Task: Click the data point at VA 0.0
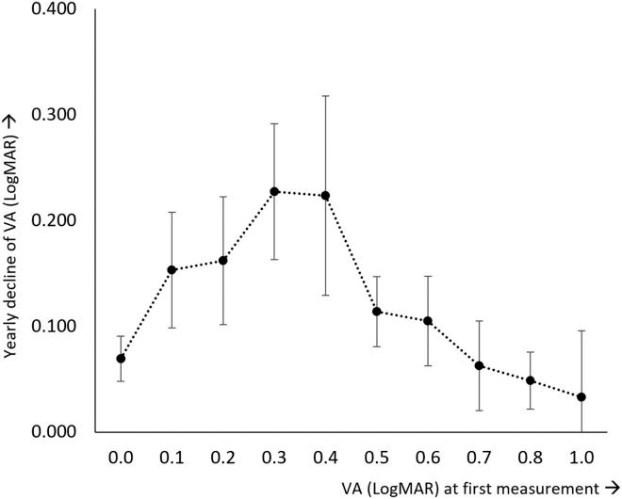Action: (x=121, y=359)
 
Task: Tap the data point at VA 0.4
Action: (x=325, y=196)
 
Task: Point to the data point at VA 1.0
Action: (x=581, y=397)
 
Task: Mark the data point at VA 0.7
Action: (x=479, y=365)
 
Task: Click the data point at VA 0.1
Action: (x=172, y=270)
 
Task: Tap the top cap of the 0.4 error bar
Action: (x=325, y=95)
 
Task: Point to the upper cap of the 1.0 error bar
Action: (x=581, y=330)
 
